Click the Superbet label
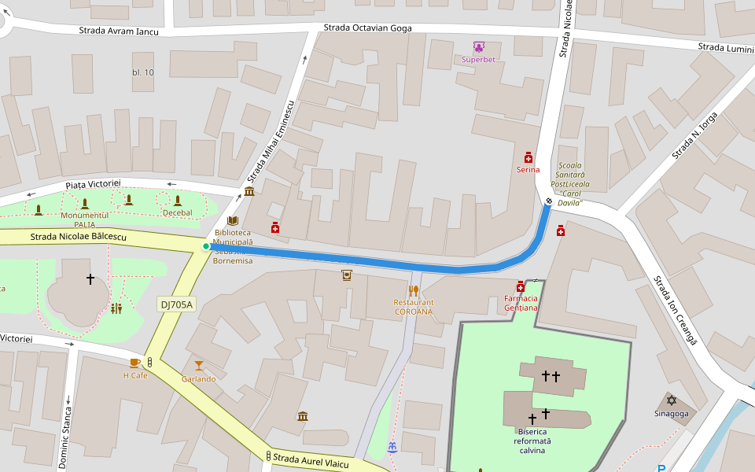tap(478, 60)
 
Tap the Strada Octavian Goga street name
tap(367, 28)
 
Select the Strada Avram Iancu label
tap(119, 31)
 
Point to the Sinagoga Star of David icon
tap(671, 400)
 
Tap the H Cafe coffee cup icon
tap(135, 363)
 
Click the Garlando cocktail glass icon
tap(198, 365)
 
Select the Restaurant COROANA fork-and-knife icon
tap(413, 291)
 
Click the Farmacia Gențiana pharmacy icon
tap(521, 287)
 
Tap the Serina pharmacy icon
tap(528, 157)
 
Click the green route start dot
tap(206, 246)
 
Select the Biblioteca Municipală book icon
tap(232, 221)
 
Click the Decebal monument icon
tap(178, 201)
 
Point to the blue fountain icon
tap(392, 447)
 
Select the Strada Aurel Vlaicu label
tap(311, 460)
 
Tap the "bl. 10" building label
tap(143, 72)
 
